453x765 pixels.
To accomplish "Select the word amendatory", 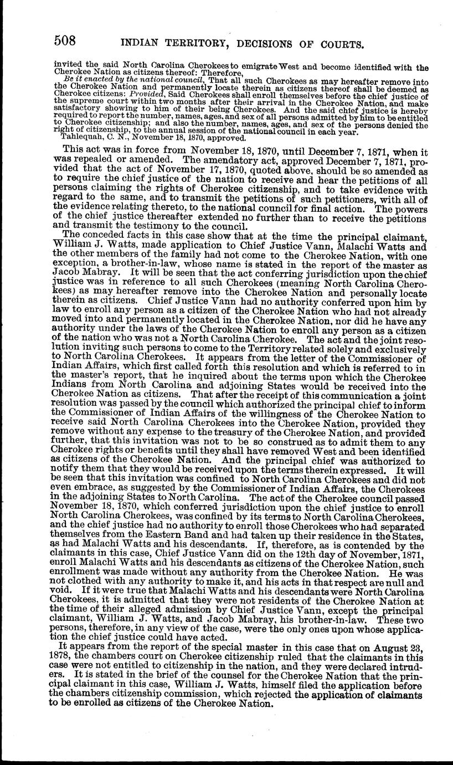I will click(228, 158).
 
